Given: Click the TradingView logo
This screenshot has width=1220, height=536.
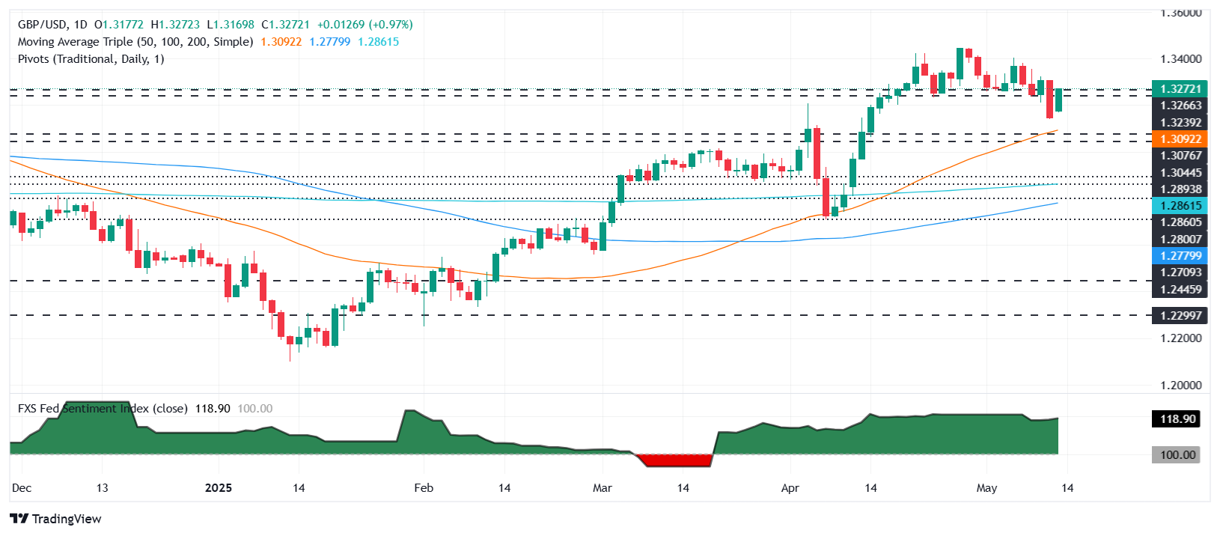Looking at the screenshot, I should tap(55, 519).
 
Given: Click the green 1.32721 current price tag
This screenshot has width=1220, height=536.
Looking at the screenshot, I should tap(1180, 88).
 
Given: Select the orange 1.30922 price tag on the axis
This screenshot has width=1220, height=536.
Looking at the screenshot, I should tap(1180, 139).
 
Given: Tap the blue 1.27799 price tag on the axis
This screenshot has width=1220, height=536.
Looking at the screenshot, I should tap(1180, 256).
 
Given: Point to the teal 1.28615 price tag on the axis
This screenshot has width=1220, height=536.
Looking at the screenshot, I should tap(1180, 206).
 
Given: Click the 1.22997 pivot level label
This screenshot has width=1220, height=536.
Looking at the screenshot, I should tap(1180, 316).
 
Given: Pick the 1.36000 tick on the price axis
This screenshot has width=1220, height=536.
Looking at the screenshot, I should tap(1180, 13).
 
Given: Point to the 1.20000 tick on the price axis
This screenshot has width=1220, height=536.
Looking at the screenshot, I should tap(1180, 386).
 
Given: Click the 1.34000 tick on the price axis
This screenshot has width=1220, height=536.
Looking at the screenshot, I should tap(1180, 59).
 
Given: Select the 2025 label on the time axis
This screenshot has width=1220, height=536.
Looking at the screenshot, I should tap(219, 488).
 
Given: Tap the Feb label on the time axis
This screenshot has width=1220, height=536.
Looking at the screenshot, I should tap(424, 488).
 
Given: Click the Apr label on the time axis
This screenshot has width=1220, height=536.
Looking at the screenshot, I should tap(790, 488).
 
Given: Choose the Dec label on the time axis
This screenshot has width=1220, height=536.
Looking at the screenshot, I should tap(22, 488).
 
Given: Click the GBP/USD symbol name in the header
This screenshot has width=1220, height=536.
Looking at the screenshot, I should tap(42, 25).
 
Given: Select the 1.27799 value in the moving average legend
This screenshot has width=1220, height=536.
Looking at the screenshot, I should tap(330, 42).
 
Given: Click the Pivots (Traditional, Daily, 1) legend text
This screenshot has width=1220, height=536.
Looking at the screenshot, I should tap(91, 59).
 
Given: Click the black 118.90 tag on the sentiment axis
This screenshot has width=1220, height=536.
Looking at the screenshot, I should tap(1177, 419).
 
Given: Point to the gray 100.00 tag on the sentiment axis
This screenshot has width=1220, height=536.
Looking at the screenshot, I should tap(1177, 455).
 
